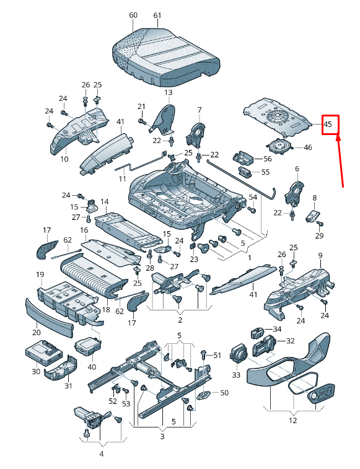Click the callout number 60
133,15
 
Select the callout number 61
157,15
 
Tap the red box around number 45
330,125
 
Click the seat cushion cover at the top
166,55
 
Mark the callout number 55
265,172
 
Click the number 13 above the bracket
168,92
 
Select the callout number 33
236,375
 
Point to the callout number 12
292,421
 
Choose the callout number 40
92,366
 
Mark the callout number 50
224,393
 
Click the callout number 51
217,355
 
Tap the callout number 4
102,454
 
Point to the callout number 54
253,197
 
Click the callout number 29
319,236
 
